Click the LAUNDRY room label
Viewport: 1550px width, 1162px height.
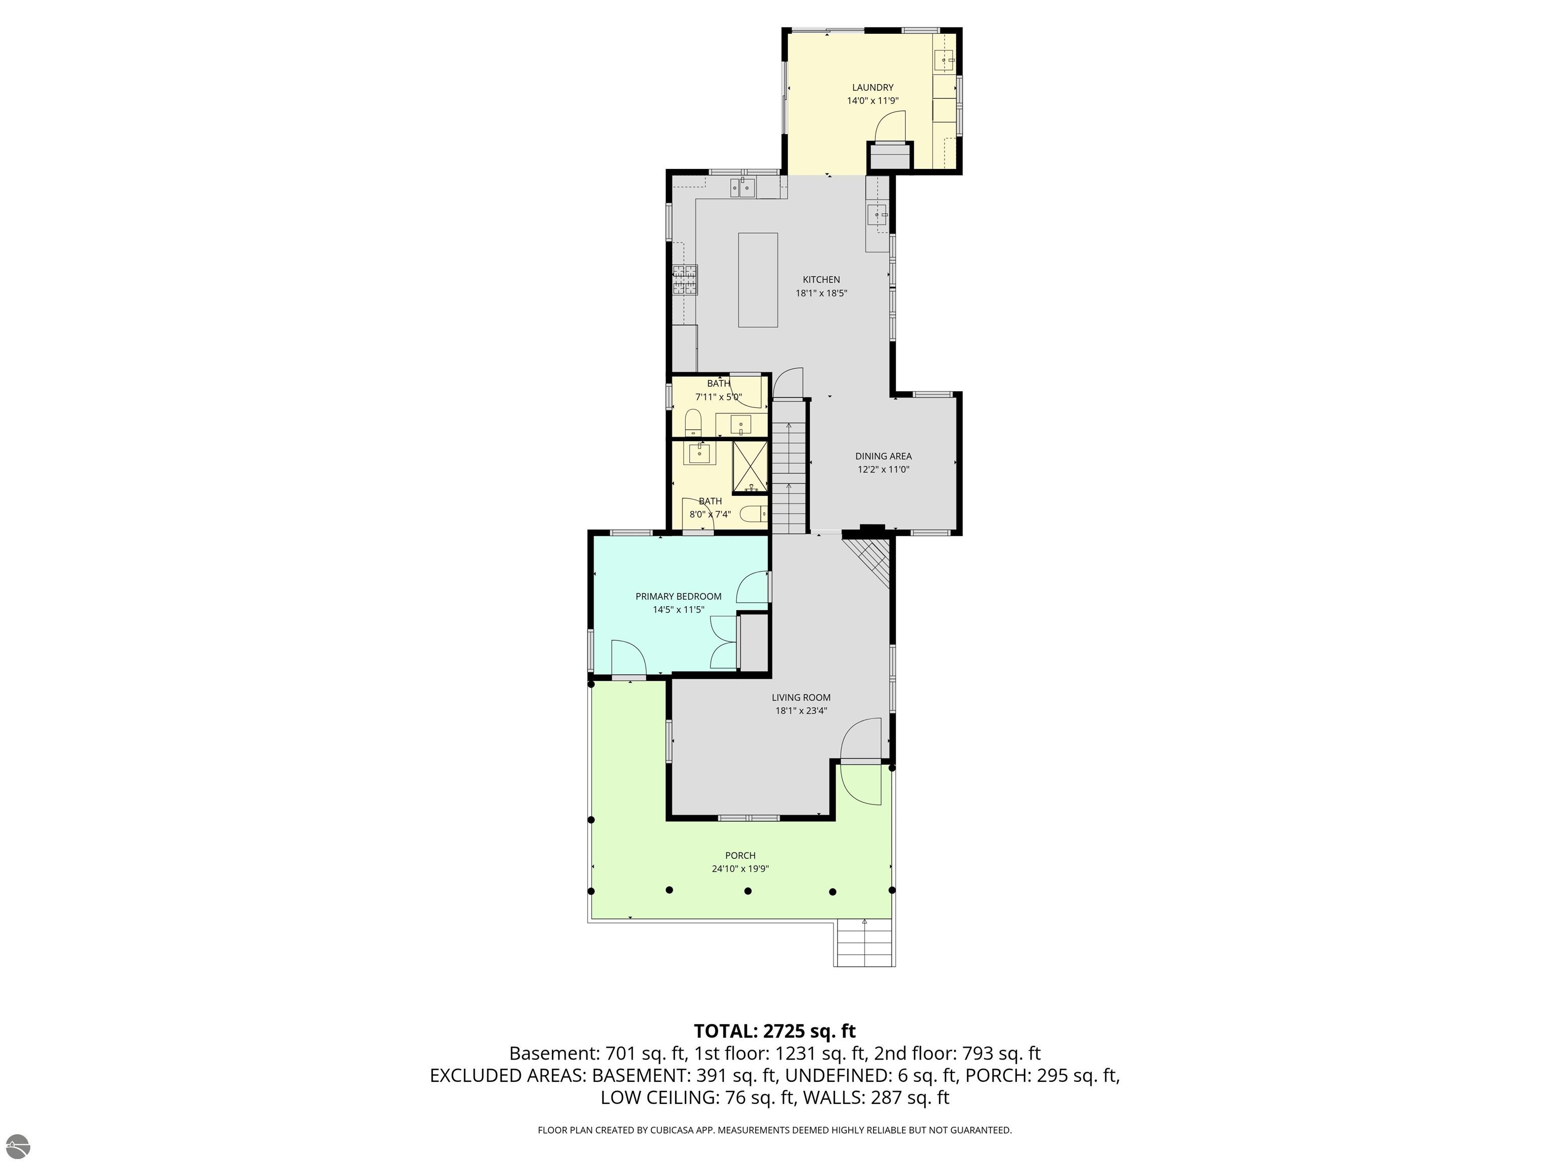click(872, 88)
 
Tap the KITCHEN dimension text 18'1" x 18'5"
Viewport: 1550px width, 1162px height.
click(821, 294)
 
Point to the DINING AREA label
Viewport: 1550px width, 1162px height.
click(883, 456)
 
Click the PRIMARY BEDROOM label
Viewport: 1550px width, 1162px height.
click(678, 596)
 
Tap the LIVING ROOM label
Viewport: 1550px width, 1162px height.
click(801, 697)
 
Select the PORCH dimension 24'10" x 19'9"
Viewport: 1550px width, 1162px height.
click(740, 868)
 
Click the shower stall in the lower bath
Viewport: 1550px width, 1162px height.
click(750, 466)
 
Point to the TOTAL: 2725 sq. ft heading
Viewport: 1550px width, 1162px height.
click(774, 1031)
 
